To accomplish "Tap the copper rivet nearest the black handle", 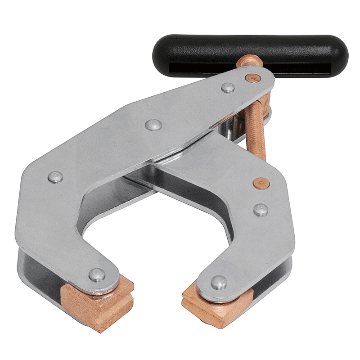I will [255, 78].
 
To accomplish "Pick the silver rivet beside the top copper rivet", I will [228, 88].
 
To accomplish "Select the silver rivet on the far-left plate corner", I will [55, 177].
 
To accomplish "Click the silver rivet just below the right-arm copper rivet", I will [260, 209].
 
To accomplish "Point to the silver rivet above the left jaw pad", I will [97, 274].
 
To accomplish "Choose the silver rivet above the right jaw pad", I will [219, 282].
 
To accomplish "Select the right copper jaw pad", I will [211, 306].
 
